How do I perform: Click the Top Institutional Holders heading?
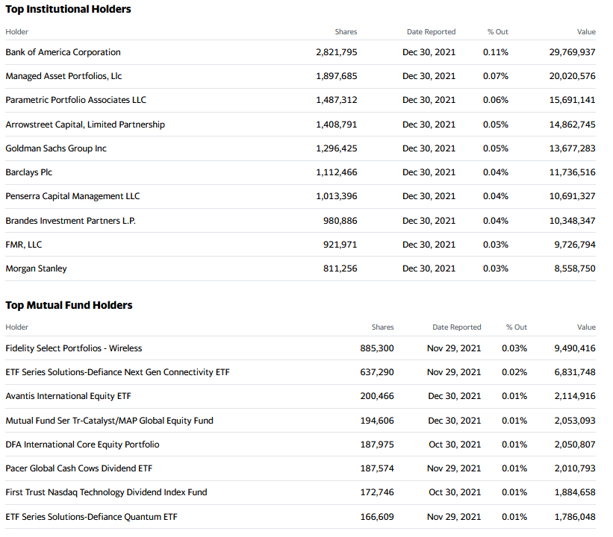click(x=68, y=10)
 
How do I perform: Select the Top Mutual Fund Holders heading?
click(x=69, y=305)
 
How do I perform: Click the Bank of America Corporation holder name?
click(x=63, y=52)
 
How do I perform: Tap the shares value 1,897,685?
click(x=337, y=76)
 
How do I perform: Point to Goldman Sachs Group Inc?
click(x=56, y=148)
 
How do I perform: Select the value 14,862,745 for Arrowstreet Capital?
click(x=573, y=125)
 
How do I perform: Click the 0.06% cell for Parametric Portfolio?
click(x=496, y=100)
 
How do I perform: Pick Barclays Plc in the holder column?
click(x=29, y=172)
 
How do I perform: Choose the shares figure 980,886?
click(x=340, y=221)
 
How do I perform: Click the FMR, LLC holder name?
click(x=24, y=245)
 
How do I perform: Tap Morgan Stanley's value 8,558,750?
click(x=575, y=268)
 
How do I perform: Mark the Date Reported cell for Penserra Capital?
click(x=429, y=196)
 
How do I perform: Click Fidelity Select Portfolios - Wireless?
click(x=74, y=348)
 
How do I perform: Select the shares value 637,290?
click(x=377, y=372)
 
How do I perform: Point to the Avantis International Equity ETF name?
click(x=69, y=396)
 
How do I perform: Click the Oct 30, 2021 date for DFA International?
click(x=455, y=445)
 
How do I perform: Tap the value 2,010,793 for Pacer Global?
click(x=575, y=468)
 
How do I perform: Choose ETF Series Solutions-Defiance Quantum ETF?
click(x=92, y=517)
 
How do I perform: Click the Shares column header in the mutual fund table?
click(x=383, y=327)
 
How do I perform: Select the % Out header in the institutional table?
click(x=498, y=32)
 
